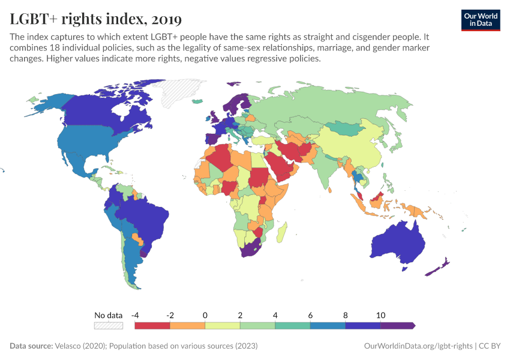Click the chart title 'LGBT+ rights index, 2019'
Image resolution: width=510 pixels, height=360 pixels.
coord(95,19)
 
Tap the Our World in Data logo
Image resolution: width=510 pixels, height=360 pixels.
coord(480,19)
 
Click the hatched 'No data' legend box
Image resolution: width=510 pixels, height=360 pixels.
coord(108,325)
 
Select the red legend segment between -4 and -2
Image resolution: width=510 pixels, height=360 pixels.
coord(152,325)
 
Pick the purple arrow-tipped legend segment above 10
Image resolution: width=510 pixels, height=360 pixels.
coord(397,325)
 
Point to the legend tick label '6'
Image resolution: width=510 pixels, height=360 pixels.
coord(310,315)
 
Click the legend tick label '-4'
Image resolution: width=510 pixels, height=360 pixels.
coord(136,315)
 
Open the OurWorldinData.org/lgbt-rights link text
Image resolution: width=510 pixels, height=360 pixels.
coord(418,346)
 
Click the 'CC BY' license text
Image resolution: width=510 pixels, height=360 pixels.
coord(490,346)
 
